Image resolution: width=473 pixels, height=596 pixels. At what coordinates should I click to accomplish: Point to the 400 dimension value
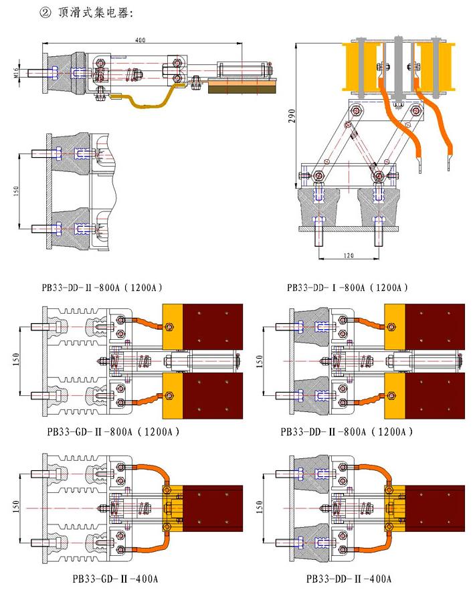139,40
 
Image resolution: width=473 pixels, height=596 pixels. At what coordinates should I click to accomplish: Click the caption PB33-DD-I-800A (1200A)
347,288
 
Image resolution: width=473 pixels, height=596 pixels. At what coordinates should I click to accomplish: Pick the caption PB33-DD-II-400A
349,578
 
